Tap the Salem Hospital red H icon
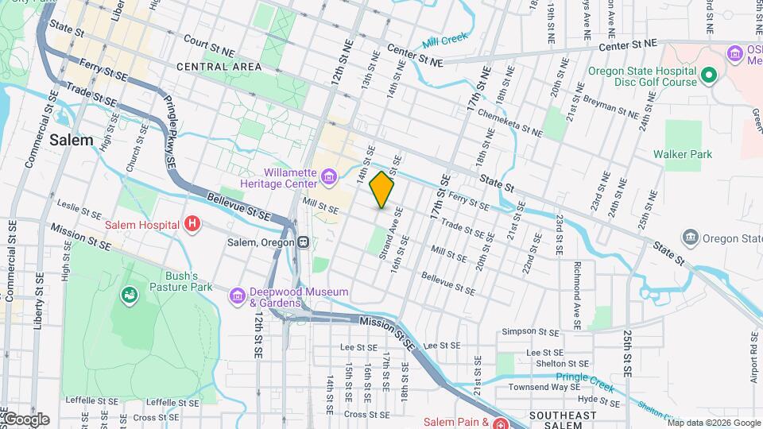[191, 225]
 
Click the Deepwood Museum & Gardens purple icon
[237, 296]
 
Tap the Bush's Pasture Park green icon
[128, 296]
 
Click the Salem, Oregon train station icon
[304, 242]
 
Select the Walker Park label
[683, 154]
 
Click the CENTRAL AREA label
[214, 67]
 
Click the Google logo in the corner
[25, 419]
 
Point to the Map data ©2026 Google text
[712, 423]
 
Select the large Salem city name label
[72, 140]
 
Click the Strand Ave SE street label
[395, 230]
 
